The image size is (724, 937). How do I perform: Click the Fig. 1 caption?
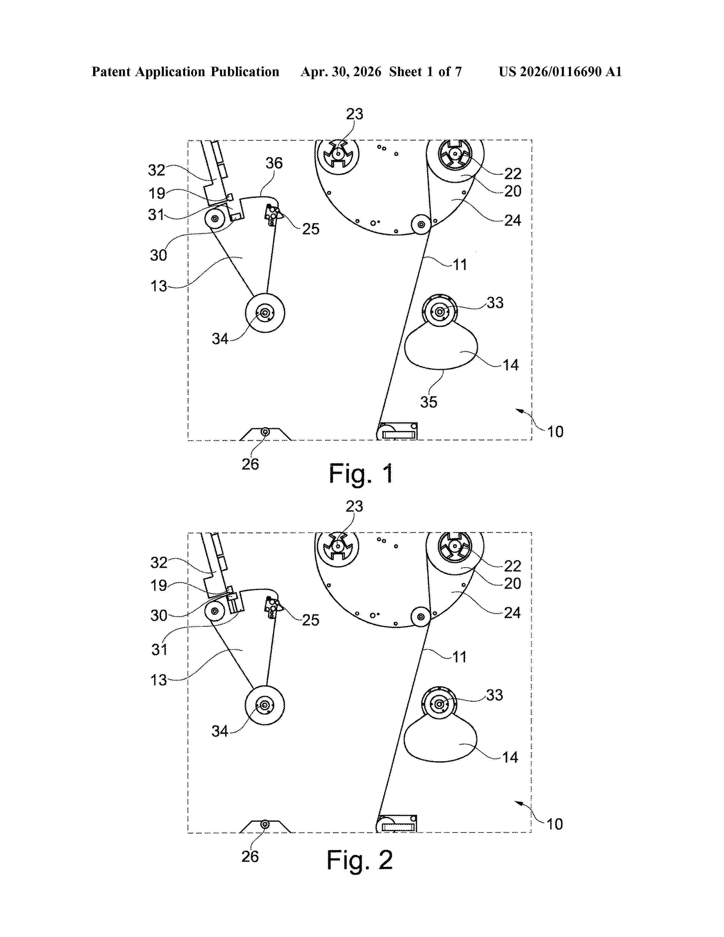tap(361, 474)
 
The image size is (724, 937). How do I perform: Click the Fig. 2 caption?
tap(360, 860)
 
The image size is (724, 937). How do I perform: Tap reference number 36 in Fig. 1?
tap(274, 163)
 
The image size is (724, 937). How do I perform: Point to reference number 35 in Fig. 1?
tap(428, 402)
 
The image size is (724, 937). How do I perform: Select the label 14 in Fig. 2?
tap(510, 757)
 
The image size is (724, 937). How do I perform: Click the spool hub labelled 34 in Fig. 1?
tap(264, 313)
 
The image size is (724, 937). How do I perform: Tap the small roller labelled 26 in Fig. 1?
tap(265, 432)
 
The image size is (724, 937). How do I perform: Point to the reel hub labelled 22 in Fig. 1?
tap(455, 154)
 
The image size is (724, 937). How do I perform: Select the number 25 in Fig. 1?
tap(311, 229)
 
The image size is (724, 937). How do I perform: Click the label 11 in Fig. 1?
tap(460, 265)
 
